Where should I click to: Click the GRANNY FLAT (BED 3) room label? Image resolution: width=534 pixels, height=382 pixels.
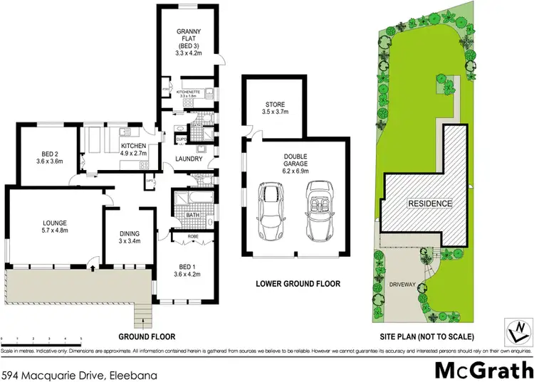coord(191,41)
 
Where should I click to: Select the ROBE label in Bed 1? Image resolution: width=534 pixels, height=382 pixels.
coord(192,235)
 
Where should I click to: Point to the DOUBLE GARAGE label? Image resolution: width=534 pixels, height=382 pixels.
coord(298,165)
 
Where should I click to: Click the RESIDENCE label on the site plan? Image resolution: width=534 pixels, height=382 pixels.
coord(429,203)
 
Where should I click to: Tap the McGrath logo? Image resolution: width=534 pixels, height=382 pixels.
coord(483,371)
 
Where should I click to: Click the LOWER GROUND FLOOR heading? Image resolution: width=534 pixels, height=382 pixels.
coord(298,284)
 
